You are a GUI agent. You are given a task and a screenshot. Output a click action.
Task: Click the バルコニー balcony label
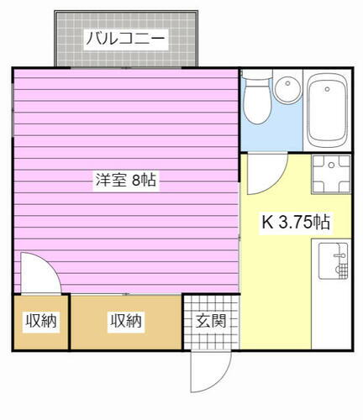coord(126,38)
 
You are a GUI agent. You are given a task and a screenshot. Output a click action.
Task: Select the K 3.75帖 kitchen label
coord(295,223)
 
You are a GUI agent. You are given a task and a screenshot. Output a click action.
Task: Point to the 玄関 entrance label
coord(210,320)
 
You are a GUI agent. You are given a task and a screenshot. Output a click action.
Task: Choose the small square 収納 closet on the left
coord(39,321)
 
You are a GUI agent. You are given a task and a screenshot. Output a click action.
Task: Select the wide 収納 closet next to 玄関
coord(126,321)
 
